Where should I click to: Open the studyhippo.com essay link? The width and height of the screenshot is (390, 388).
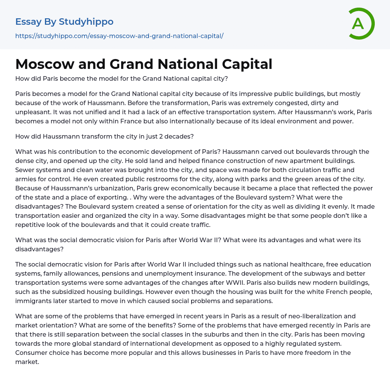119,36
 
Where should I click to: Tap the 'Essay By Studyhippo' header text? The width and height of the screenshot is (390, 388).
64,22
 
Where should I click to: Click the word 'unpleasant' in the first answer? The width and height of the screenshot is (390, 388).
32,112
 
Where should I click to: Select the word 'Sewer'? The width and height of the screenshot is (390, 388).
24,170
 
